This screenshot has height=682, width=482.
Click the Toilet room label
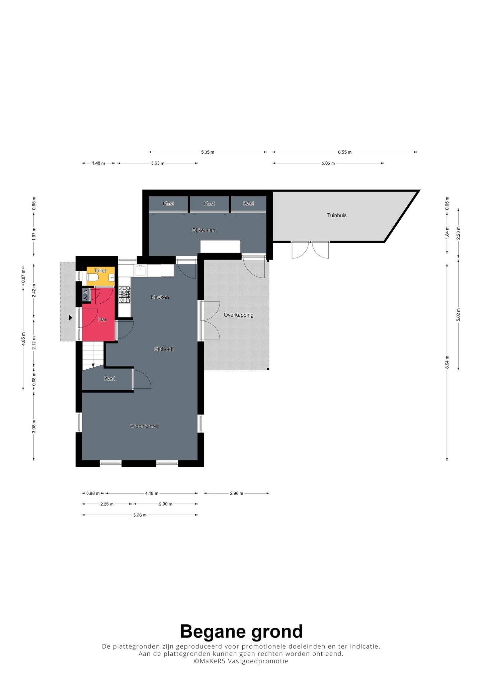(100, 271)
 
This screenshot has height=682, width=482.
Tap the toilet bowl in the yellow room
(92, 278)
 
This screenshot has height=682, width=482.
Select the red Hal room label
(102, 319)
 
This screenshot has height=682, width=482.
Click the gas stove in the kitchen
(125, 295)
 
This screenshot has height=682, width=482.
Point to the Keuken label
(160, 297)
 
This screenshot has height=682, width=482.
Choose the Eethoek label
(164, 349)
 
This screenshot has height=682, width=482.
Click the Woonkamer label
(145, 426)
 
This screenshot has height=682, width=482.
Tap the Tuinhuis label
(337, 215)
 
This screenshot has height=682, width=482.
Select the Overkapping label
(239, 315)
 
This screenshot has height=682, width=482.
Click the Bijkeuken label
(204, 230)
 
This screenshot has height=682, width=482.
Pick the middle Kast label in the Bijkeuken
(210, 203)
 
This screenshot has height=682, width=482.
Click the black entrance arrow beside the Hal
(71, 318)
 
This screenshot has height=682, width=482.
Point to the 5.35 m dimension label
(208, 152)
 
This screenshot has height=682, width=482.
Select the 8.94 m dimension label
(447, 362)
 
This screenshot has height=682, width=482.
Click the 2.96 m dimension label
(236, 493)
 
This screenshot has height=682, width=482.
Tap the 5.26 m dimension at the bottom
(140, 515)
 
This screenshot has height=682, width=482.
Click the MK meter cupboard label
(85, 295)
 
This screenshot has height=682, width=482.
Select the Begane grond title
(241, 631)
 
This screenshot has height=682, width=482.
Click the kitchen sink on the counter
(141, 270)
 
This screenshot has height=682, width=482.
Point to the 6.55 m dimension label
(345, 152)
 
